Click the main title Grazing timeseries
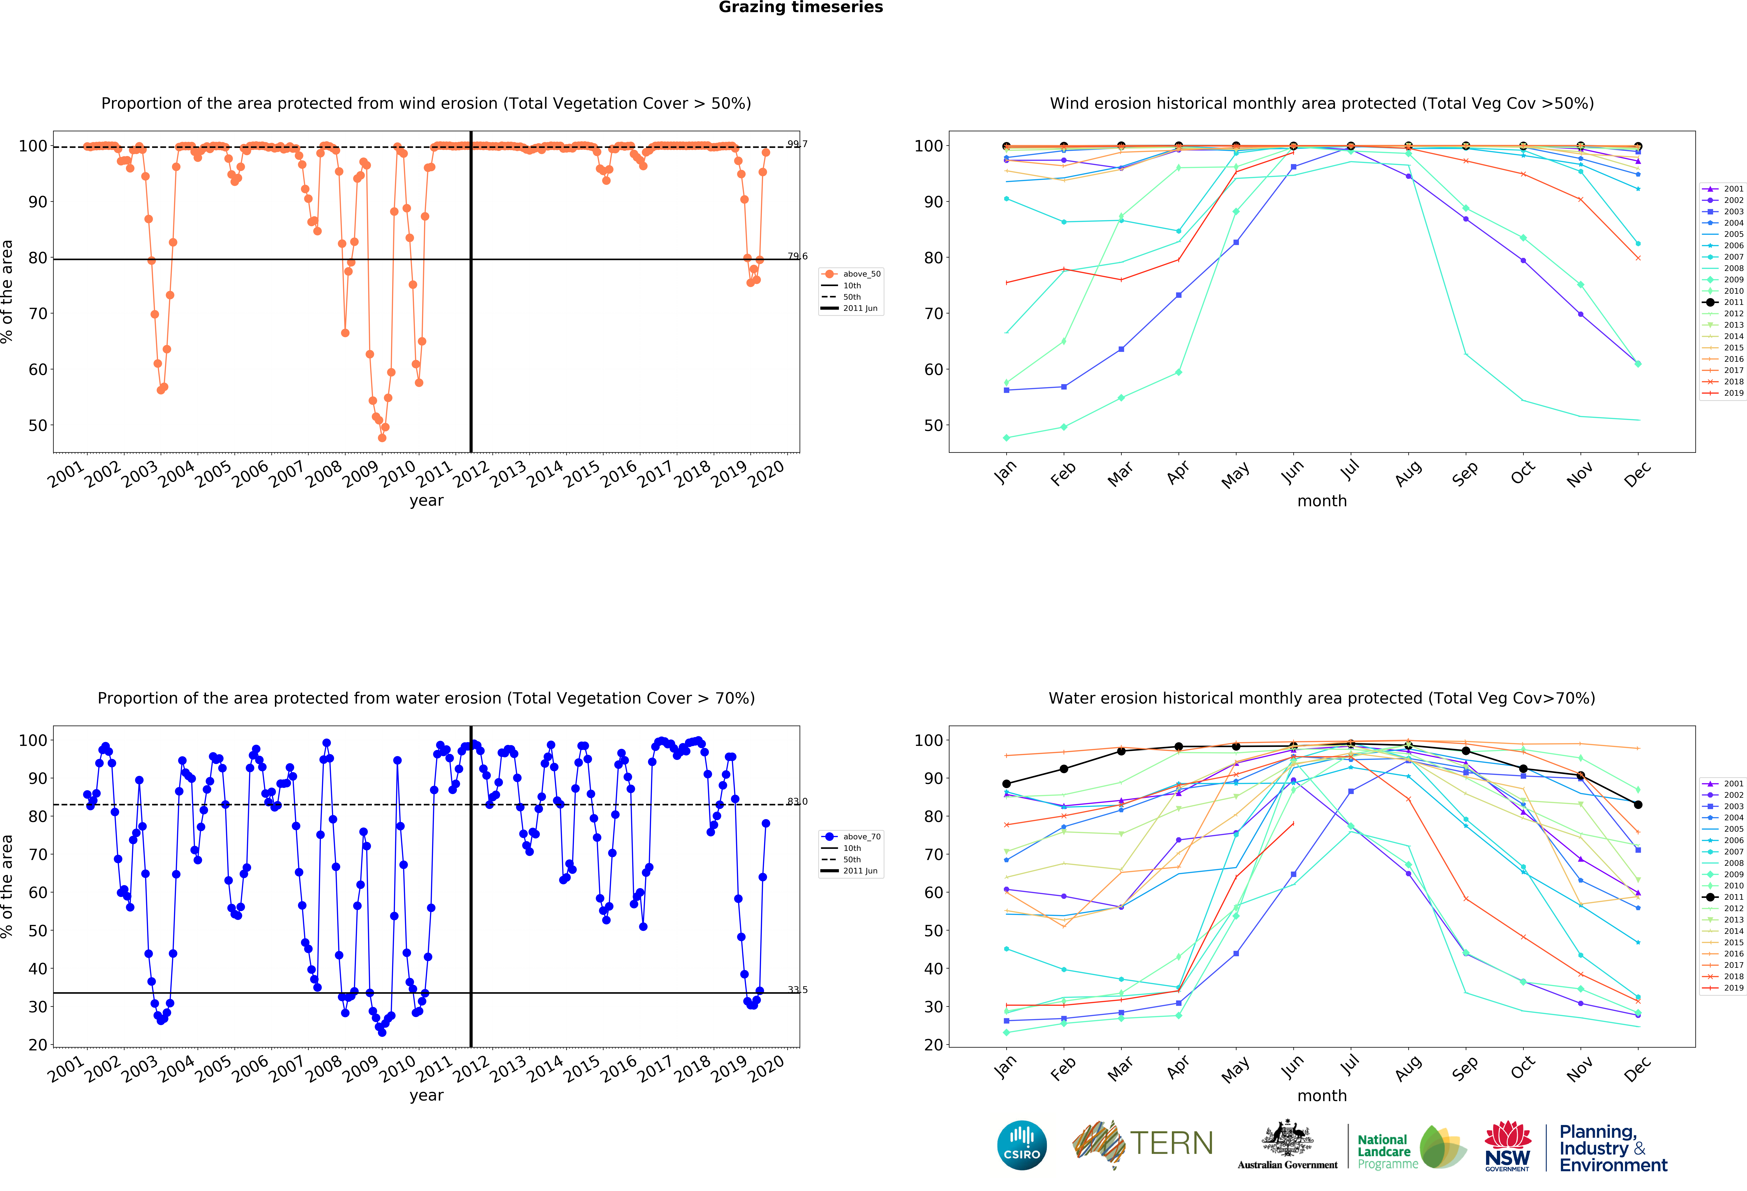801,7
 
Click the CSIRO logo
1022,1145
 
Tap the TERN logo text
1171,1144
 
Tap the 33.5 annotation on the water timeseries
798,989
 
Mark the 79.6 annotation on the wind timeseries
798,256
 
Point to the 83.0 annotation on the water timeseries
798,801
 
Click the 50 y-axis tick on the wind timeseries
38,426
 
